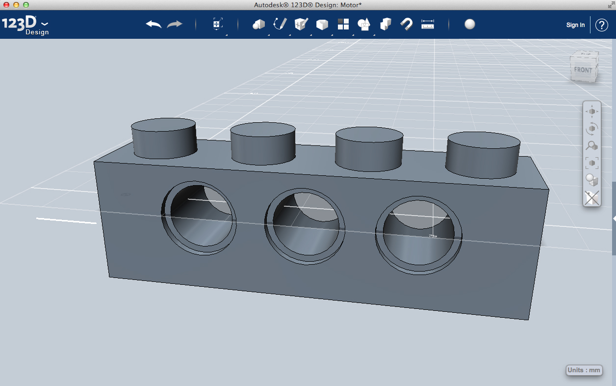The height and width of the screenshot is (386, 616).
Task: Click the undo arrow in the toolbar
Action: [x=154, y=24]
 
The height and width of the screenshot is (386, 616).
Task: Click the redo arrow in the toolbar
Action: [x=175, y=24]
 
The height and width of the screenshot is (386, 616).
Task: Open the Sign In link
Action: [x=575, y=25]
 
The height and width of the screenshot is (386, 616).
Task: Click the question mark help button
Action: [x=602, y=25]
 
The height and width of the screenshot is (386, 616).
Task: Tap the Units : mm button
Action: [x=584, y=370]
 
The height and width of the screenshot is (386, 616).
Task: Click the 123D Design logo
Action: [x=25, y=25]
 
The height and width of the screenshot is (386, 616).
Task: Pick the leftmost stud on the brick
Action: [x=164, y=138]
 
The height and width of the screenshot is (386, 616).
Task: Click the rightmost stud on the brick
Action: [x=483, y=153]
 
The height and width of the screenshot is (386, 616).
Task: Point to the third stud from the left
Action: [x=369, y=148]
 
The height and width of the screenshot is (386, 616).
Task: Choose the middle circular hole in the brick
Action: [x=305, y=225]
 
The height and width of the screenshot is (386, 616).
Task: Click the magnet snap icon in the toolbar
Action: [x=406, y=24]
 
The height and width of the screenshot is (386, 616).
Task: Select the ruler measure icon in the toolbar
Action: [x=428, y=24]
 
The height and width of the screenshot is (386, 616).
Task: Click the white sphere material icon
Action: [x=470, y=24]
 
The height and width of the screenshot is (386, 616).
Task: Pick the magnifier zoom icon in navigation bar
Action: [x=592, y=146]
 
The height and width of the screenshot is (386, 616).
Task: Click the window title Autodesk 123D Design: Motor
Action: [x=308, y=4]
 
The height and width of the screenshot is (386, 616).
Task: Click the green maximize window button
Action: [x=26, y=4]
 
